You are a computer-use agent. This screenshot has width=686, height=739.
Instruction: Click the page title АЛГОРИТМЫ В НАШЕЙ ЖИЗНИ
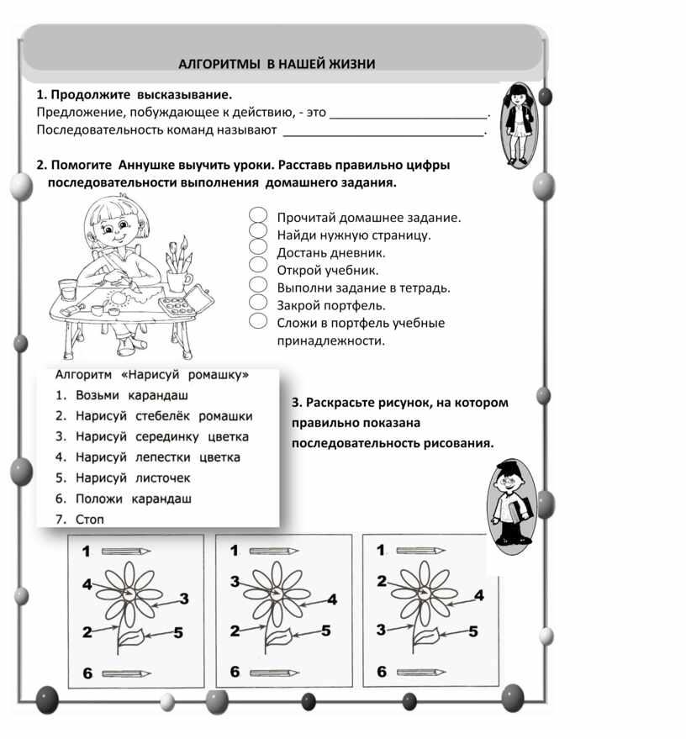point(277,64)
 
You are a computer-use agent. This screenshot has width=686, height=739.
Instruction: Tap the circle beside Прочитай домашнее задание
point(258,215)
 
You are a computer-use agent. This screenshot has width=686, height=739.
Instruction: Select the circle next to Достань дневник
point(258,246)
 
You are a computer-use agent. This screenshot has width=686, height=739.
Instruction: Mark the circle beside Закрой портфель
point(258,302)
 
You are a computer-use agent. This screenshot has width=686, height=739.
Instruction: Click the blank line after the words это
point(409,116)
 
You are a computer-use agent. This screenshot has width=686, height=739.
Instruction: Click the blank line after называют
point(383,135)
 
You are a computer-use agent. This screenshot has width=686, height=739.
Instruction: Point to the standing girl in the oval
point(519,124)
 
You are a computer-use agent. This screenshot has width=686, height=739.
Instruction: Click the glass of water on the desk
point(68,289)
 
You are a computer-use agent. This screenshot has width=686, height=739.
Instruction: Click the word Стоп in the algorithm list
point(89,520)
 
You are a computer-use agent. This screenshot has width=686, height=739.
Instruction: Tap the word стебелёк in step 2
point(162,416)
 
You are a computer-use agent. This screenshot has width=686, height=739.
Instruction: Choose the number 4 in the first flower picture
point(87,584)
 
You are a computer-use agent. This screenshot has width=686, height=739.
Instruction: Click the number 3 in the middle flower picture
point(235,582)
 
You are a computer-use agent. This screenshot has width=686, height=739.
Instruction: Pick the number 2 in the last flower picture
point(382,581)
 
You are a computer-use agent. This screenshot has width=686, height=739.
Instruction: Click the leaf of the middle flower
point(278,636)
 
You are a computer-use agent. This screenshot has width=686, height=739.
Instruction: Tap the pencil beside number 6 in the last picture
point(420,673)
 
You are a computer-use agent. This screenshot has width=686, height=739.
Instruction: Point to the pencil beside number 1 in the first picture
point(126,551)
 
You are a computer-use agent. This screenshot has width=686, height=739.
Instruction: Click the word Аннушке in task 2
point(146,165)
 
